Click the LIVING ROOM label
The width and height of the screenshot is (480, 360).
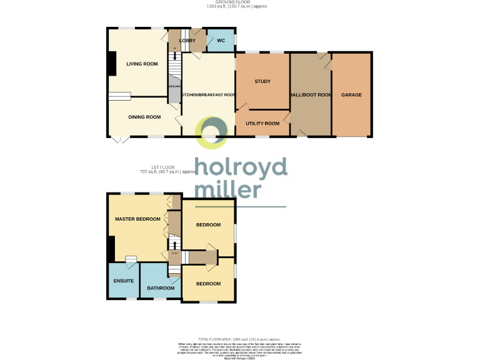(142, 64)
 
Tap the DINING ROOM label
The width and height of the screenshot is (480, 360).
(144, 117)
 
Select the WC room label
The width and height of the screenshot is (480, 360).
(220, 41)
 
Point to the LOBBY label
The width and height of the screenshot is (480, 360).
(187, 41)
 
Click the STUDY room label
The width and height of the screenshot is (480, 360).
(262, 82)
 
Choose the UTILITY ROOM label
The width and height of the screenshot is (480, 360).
(262, 124)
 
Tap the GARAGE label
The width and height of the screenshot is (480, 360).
(351, 95)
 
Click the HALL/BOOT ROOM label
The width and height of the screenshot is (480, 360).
(311, 95)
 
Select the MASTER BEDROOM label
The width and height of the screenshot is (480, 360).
(137, 219)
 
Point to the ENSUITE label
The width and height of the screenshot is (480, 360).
(124, 281)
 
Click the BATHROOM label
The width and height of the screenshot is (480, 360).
(161, 288)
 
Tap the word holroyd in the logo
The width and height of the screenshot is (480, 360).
(241, 167)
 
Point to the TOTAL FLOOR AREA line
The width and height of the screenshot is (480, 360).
(240, 338)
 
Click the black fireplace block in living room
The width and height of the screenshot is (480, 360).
(111, 64)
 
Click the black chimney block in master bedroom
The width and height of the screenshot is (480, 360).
(111, 249)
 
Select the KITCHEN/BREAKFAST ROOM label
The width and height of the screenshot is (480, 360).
(208, 95)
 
